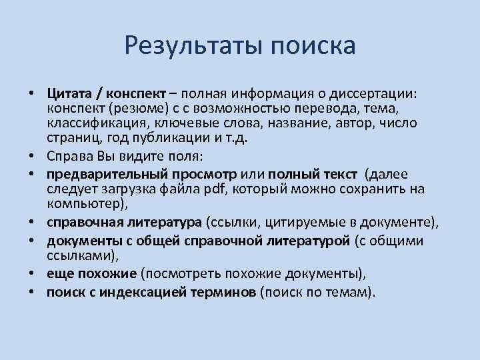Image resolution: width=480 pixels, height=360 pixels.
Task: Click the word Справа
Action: tap(68, 157)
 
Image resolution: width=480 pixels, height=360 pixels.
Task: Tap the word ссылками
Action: tap(78, 256)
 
